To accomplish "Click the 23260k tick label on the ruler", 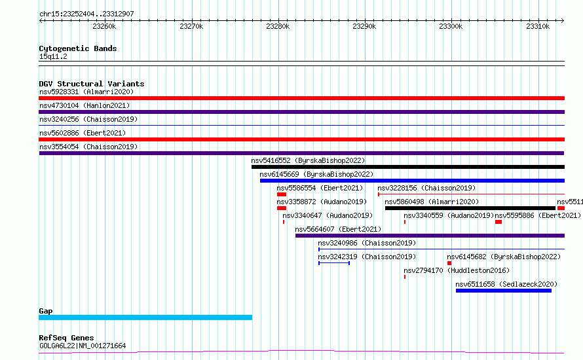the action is click(104, 26).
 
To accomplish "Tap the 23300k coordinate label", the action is click(451, 26).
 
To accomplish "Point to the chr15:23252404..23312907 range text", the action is click(86, 14).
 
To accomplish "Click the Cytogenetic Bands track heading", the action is click(78, 48).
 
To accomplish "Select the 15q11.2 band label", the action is click(53, 56).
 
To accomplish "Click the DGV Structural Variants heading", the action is click(92, 84).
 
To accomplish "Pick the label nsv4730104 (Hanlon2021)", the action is click(85, 105).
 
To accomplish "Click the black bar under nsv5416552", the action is click(408, 167).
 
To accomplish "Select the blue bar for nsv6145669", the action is click(412, 181).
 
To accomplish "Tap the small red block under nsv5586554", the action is click(282, 194).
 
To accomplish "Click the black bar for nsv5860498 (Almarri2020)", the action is click(470, 208).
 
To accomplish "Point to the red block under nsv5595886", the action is click(498, 222).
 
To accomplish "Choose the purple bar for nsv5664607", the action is click(430, 236).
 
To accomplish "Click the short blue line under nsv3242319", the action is click(334, 263).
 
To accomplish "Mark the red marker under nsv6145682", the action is click(449, 263).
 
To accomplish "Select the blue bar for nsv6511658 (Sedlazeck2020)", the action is click(504, 291).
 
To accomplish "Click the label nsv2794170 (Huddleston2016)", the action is click(457, 270).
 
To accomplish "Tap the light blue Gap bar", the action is click(145, 317).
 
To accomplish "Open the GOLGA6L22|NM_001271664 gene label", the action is click(83, 346).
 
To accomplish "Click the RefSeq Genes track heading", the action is click(66, 338).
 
